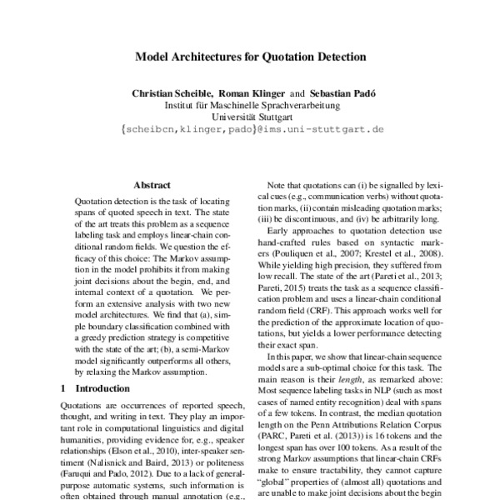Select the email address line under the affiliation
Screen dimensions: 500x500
pyautogui.click(x=251, y=130)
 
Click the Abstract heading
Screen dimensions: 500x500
pyautogui.click(x=152, y=185)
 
